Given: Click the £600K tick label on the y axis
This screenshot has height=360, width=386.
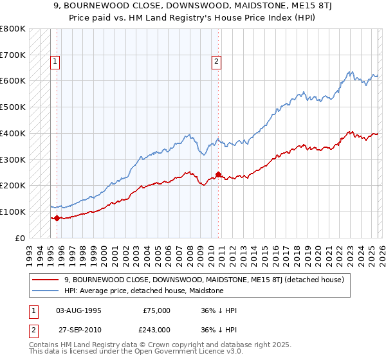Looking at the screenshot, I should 13,81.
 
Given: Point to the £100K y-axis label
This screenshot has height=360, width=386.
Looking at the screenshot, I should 13,212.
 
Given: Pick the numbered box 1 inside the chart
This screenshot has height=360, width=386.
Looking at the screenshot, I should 55,62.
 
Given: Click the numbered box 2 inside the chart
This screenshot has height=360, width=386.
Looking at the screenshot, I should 216,62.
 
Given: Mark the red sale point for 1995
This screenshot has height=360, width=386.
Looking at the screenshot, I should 57,218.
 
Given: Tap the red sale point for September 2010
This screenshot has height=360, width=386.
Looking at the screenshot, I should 218,174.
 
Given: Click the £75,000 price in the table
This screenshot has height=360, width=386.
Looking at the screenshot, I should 157,310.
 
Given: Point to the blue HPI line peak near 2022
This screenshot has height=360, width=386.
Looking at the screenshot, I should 349,71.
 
